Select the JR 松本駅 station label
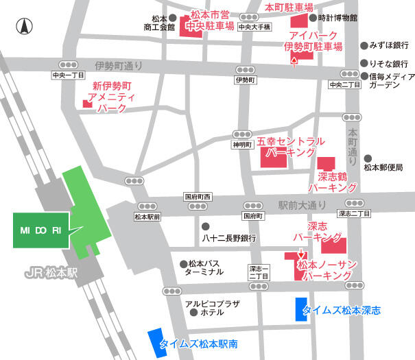click(54, 273)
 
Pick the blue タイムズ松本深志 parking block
click(300, 309)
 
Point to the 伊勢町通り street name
click(119, 66)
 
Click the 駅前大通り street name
click(303, 204)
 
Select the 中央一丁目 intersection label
click(68, 75)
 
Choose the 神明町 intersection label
click(243, 145)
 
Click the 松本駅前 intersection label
click(147, 217)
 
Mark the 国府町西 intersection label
click(199, 197)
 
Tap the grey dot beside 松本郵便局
click(368, 157)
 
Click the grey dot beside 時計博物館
click(313, 18)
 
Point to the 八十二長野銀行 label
click(229, 239)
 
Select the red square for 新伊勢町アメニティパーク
click(86, 104)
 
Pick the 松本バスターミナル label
click(205, 267)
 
